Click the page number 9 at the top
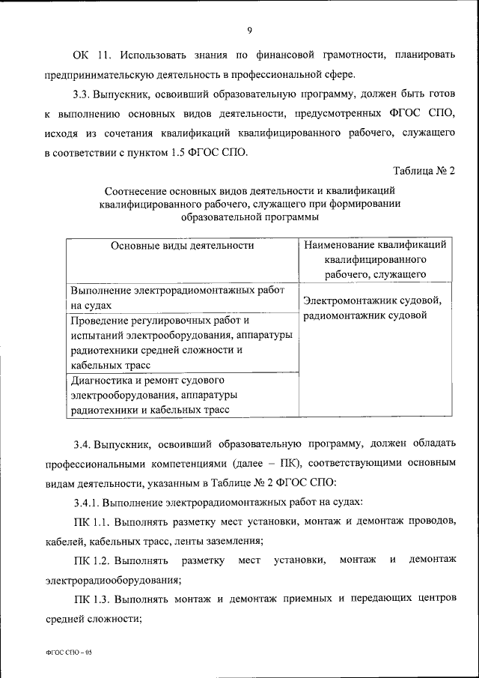pyautogui.click(x=249, y=30)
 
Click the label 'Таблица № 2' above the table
pyautogui.click(x=424, y=172)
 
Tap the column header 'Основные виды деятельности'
pyautogui.click(x=183, y=245)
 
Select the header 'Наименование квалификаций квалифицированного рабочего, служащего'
pyautogui.click(x=376, y=259)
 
